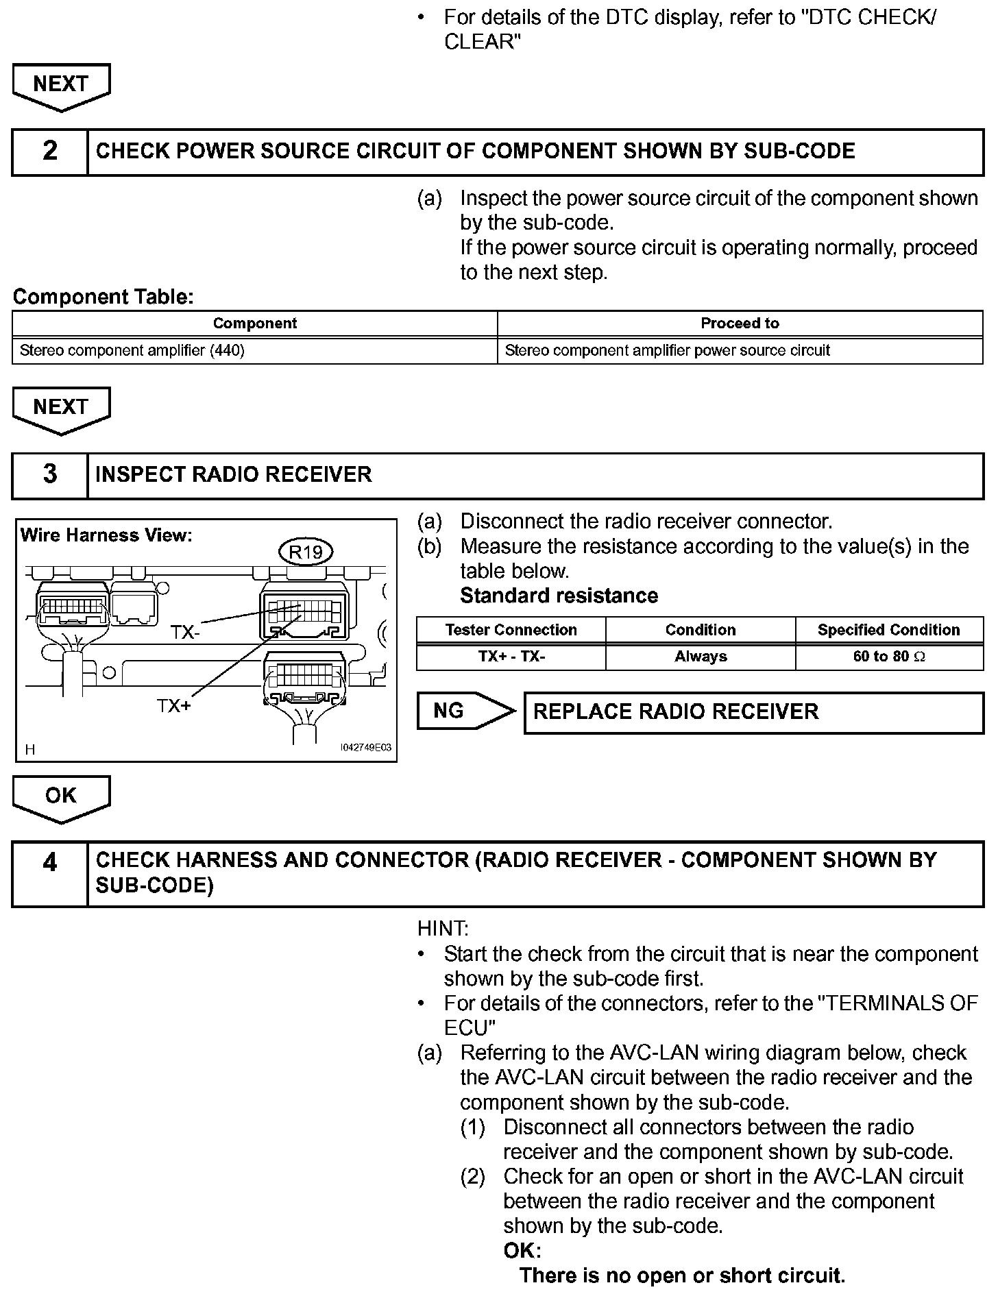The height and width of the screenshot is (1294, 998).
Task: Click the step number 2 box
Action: click(x=50, y=151)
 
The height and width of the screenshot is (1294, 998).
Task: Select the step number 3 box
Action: click(x=50, y=474)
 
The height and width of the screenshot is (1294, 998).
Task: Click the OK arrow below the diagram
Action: click(x=61, y=796)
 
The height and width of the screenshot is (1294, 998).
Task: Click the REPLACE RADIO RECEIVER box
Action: click(x=753, y=712)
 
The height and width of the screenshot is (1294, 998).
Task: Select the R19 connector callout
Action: click(x=306, y=552)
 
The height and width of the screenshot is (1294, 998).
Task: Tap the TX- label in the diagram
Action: click(x=185, y=633)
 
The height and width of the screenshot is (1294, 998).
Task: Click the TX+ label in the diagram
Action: click(x=174, y=706)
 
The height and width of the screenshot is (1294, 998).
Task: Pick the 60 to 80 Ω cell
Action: click(x=889, y=657)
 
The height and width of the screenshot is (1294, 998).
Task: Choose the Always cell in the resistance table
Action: click(x=700, y=657)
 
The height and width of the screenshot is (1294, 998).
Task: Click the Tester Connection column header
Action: click(x=511, y=630)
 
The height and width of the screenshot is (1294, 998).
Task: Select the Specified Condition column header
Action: click(x=888, y=630)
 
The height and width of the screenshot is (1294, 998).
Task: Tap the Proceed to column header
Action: click(x=740, y=323)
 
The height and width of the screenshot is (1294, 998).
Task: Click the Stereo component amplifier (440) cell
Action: click(x=133, y=351)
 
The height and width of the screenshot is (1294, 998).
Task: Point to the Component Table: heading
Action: click(x=104, y=297)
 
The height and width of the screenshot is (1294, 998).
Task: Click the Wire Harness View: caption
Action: click(x=106, y=535)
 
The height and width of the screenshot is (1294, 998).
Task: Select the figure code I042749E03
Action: click(x=365, y=747)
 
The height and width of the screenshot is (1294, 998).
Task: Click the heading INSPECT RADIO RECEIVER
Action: click(x=234, y=474)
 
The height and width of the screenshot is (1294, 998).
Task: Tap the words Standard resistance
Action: click(x=559, y=596)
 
